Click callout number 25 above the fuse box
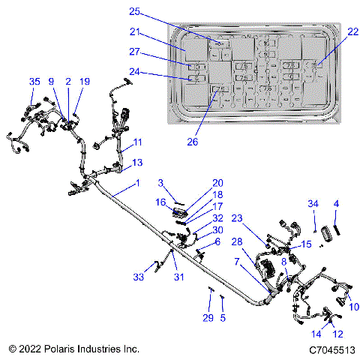point(135,11)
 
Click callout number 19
point(84,81)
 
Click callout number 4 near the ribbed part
point(336,203)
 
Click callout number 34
point(313,203)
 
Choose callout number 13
point(136,162)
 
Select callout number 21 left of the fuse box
point(135,32)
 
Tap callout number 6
point(217,241)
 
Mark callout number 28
point(236,241)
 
